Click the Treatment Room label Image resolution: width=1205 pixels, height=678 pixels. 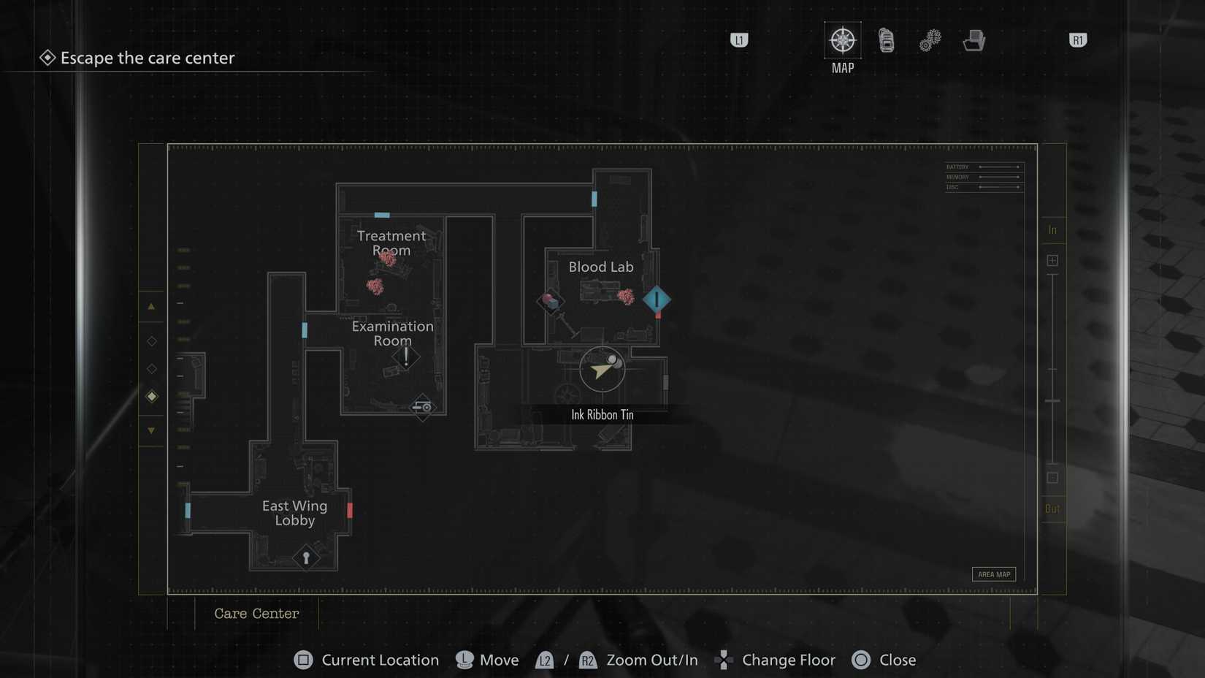(x=391, y=243)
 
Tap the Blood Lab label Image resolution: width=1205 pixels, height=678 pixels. (x=601, y=267)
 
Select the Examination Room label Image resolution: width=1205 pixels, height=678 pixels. (x=393, y=333)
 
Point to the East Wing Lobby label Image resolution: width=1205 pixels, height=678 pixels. (x=295, y=513)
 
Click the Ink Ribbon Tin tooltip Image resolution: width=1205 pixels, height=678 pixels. (x=602, y=415)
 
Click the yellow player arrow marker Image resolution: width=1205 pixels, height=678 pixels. (x=601, y=369)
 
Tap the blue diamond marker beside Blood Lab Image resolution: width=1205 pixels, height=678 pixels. (x=657, y=300)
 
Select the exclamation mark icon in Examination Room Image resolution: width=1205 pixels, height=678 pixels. (x=406, y=357)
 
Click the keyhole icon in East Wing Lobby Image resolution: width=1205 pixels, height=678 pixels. (x=306, y=558)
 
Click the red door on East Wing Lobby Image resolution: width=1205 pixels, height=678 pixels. (x=350, y=510)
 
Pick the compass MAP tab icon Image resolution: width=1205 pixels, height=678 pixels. (x=843, y=40)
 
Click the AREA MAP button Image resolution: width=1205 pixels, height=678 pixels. (x=994, y=574)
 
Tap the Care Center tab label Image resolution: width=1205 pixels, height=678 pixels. (x=256, y=614)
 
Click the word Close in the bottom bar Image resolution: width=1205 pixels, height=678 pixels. (x=898, y=660)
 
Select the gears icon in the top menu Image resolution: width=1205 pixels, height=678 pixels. (x=930, y=41)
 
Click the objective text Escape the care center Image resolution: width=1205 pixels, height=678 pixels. (x=148, y=58)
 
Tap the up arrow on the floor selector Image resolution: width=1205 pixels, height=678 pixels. (x=151, y=307)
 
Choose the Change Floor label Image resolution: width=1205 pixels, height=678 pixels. (x=788, y=660)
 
